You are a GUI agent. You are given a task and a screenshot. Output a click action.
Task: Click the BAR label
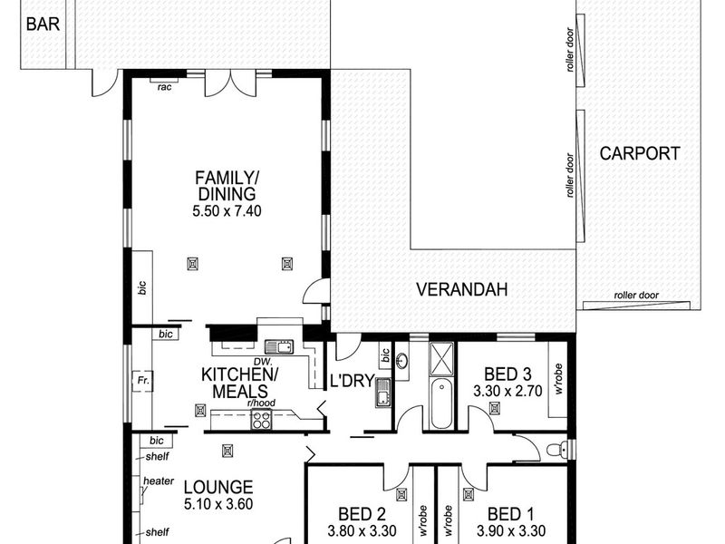click(x=43, y=24)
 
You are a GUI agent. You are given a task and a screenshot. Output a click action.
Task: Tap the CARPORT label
click(x=640, y=153)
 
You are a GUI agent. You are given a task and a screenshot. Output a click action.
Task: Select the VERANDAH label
click(x=462, y=289)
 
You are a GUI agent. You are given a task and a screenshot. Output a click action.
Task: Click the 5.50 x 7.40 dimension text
click(x=227, y=211)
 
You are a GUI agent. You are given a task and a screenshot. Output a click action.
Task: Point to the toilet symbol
click(x=558, y=449)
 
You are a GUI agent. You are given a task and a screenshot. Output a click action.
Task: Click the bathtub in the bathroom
click(x=441, y=403)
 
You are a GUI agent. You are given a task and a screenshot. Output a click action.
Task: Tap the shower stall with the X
click(x=441, y=358)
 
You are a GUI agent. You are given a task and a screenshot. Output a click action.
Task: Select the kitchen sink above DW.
click(x=279, y=347)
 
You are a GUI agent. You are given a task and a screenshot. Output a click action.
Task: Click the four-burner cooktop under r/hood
click(x=261, y=420)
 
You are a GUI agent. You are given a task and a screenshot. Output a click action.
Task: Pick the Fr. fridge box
click(x=142, y=381)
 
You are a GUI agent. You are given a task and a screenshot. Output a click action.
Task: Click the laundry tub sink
click(x=382, y=392)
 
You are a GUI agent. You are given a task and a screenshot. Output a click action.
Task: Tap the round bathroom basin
click(x=401, y=360)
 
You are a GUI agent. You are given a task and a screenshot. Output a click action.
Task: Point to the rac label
click(x=165, y=87)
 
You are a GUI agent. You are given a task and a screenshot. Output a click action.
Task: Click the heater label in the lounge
click(x=159, y=481)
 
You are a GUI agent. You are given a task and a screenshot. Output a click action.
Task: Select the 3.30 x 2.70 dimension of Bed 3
click(x=507, y=392)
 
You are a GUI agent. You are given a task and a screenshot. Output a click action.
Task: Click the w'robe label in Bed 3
click(x=558, y=378)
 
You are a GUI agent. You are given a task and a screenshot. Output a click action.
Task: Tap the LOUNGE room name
click(x=218, y=487)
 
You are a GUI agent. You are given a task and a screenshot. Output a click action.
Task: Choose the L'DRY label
click(x=352, y=381)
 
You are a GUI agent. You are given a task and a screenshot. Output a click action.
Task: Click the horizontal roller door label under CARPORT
click(x=636, y=296)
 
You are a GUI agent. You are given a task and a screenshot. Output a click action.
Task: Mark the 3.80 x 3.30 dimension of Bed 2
click(x=362, y=530)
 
